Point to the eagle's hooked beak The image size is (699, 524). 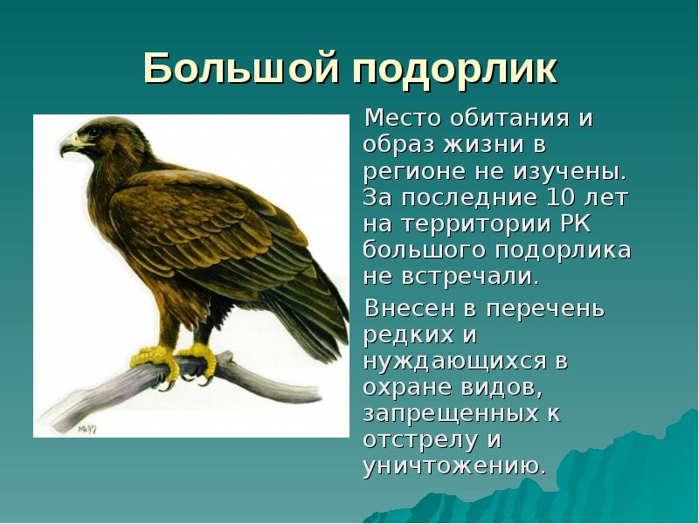(x=68, y=147)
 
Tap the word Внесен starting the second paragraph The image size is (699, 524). (x=408, y=308)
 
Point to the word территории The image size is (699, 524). (x=473, y=224)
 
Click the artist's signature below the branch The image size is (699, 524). (x=86, y=430)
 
